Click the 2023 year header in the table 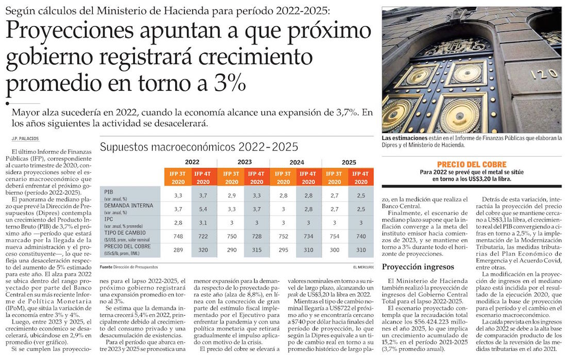244,162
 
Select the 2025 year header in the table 349,162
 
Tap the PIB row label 108,191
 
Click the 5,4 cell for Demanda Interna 204,209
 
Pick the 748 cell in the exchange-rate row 178,236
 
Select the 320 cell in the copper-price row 204,250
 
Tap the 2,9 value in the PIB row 231,195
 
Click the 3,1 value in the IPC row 204,223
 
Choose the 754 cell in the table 335,236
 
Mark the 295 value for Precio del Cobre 283,250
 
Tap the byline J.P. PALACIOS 25,138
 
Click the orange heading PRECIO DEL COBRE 472,164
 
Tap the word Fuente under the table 106,267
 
